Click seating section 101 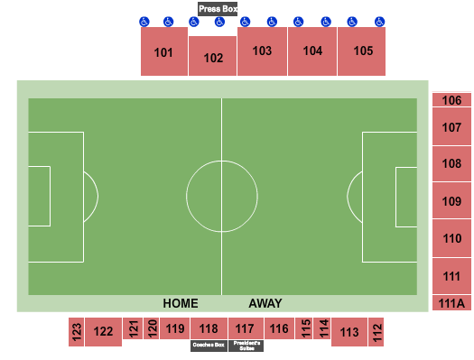pos(163,52)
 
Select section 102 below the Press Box pos(213,58)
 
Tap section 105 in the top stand pos(363,51)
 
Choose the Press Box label pos(218,9)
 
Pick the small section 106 pos(451,101)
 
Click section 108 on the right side pos(451,164)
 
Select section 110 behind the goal pos(451,239)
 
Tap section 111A pos(451,303)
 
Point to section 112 pos(376,332)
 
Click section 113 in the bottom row pos(349,332)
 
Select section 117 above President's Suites pos(245,328)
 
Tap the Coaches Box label pos(208,345)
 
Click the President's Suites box pos(246,345)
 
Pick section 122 pos(104,332)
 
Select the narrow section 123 pos(77,332)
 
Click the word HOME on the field pos(180,303)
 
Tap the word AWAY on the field pos(265,303)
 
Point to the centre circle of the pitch pos(222,196)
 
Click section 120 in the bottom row pos(152,328)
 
